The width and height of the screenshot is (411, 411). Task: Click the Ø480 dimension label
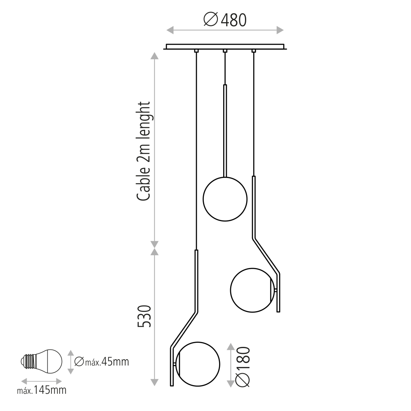pyautogui.click(x=225, y=20)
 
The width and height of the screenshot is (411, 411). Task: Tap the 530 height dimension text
pyautogui.click(x=144, y=316)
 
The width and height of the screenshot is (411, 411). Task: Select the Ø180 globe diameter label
pyautogui.click(x=243, y=367)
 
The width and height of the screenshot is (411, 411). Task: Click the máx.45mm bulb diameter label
pyautogui.click(x=102, y=362)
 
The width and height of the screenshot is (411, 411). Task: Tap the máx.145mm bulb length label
pyautogui.click(x=42, y=390)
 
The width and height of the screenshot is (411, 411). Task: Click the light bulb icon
pyautogui.click(x=42, y=361)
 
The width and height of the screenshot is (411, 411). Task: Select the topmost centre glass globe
pyautogui.click(x=225, y=199)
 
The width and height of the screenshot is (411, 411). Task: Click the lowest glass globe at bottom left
pyautogui.click(x=198, y=364)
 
